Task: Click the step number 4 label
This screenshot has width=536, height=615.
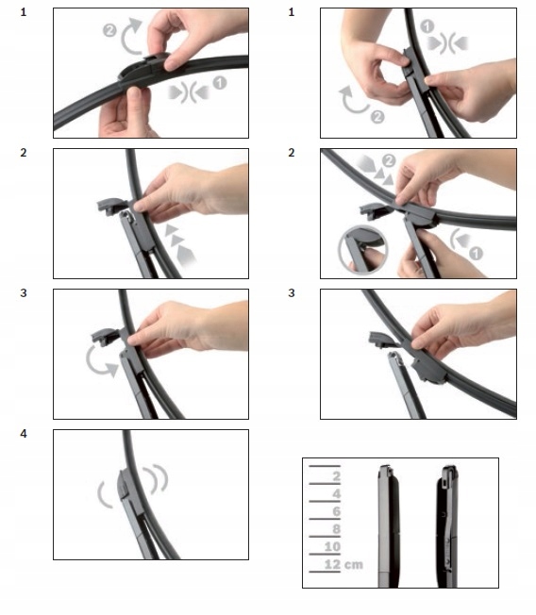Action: click(24, 434)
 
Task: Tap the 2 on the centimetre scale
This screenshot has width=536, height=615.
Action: click(336, 476)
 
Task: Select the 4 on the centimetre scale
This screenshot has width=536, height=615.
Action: click(336, 494)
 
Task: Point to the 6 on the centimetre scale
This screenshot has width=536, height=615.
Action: click(336, 511)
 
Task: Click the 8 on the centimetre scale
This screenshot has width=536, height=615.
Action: click(336, 529)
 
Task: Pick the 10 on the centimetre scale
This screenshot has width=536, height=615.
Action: click(332, 547)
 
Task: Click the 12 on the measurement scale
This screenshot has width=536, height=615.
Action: click(332, 564)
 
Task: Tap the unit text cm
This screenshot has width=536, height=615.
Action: click(354, 565)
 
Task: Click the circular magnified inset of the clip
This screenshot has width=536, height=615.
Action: click(363, 249)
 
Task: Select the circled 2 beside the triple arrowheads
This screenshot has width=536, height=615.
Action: click(389, 160)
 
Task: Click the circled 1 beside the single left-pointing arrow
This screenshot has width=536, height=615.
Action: click(476, 253)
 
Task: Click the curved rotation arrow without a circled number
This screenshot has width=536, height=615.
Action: click(100, 362)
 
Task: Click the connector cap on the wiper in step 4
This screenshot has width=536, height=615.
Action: click(125, 483)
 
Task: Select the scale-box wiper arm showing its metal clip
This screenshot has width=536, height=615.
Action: click(447, 525)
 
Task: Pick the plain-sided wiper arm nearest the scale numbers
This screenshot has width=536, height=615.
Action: click(389, 525)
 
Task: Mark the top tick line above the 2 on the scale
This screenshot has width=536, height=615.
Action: click(325, 466)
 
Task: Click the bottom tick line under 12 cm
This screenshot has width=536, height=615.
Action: click(325, 572)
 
